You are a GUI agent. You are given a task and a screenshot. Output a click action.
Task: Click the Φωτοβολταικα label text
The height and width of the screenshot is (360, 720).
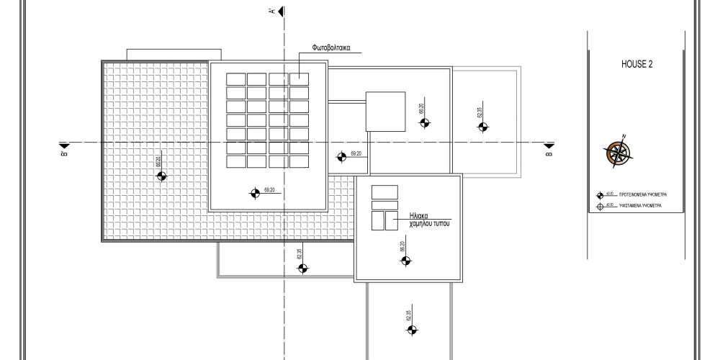coord(331,48)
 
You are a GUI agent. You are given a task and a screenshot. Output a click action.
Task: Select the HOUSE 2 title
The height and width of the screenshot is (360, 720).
coord(636,64)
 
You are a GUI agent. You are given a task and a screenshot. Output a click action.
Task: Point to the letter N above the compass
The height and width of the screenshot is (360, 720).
coord(624,137)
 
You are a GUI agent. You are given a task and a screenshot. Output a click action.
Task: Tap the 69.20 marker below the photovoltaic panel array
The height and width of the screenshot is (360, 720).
coord(254,193)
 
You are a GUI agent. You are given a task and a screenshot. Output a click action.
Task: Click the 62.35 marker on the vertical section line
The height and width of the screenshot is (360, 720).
coord(302,269)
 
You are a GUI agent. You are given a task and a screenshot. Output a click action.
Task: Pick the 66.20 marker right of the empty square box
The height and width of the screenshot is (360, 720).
coord(424,124)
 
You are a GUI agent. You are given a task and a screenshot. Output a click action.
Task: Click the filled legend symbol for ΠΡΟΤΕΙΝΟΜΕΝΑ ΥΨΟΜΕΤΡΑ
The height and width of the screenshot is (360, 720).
coord(600,195)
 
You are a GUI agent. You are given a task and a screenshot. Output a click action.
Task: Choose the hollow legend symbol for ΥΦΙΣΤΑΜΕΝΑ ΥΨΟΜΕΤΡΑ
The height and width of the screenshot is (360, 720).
coord(600,207)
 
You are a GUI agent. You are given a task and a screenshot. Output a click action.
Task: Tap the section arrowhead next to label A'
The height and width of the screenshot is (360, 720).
coord(281,11)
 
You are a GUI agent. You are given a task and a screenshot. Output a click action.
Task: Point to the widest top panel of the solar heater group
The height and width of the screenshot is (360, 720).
coord(384,192)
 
